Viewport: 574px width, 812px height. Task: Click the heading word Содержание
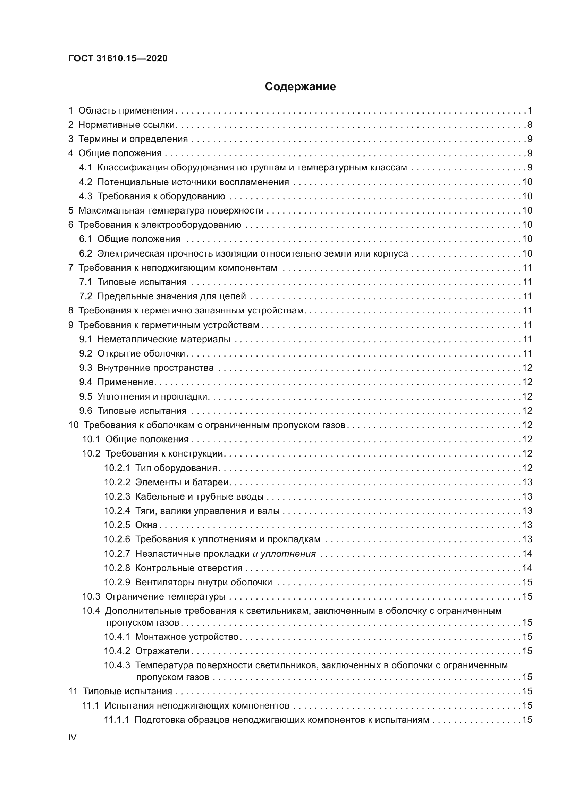tap(300, 87)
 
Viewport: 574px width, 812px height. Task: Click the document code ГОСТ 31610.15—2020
tap(118, 58)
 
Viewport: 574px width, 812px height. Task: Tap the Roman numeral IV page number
tap(72, 737)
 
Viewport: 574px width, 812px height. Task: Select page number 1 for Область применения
tap(530, 111)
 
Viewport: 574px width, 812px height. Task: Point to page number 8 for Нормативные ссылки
tap(530, 125)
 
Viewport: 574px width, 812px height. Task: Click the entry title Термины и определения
tap(133, 139)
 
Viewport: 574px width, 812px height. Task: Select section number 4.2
tap(85, 182)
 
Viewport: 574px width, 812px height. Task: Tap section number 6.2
tap(85, 253)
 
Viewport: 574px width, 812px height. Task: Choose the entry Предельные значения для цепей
tap(171, 296)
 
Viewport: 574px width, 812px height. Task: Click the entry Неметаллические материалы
tap(164, 339)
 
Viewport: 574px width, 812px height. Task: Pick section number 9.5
tap(85, 396)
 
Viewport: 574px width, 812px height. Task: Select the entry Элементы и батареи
tap(182, 483)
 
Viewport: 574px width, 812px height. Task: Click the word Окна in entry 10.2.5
tap(146, 525)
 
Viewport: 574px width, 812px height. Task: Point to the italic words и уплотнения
tap(284, 554)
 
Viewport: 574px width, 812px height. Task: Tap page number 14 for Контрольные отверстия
tap(527, 568)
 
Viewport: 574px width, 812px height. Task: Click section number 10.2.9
tap(117, 582)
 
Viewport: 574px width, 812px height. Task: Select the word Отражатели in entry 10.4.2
tap(162, 651)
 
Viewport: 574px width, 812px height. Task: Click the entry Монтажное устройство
tap(187, 637)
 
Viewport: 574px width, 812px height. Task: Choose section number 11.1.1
tap(117, 720)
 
